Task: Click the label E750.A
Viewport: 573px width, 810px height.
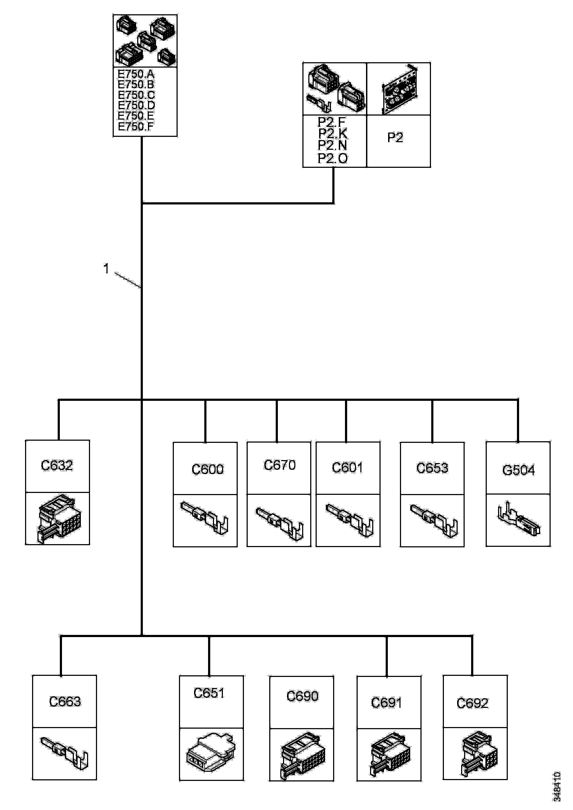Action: [136, 74]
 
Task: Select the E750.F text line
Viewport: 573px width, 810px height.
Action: [136, 127]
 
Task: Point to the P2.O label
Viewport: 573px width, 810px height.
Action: [333, 158]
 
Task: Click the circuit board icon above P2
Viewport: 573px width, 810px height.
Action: [399, 90]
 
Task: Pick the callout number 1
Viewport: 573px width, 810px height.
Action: [106, 269]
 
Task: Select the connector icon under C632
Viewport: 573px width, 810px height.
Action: [58, 518]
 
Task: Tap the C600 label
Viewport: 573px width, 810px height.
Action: [207, 469]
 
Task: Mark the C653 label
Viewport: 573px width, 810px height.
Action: [432, 468]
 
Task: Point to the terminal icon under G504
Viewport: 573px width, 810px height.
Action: [519, 520]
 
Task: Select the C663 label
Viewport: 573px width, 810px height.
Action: [65, 702]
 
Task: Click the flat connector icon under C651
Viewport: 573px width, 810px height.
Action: [211, 752]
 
